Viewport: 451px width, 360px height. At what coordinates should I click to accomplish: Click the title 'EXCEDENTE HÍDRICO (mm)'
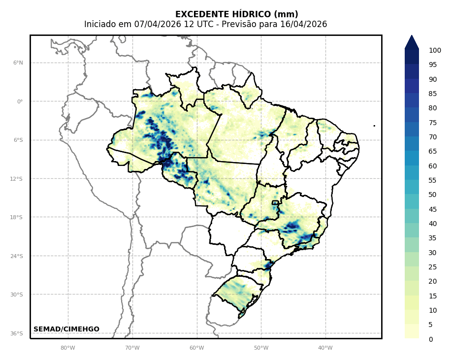[x=236, y=14]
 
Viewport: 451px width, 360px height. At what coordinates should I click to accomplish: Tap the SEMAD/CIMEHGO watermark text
[x=66, y=329]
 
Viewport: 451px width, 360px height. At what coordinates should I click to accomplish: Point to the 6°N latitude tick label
[x=18, y=63]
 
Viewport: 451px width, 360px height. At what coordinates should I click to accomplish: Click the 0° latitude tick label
[x=20, y=101]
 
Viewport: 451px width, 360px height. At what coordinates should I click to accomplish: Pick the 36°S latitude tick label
[x=17, y=333]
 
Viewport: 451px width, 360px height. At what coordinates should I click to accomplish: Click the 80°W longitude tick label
[x=68, y=348]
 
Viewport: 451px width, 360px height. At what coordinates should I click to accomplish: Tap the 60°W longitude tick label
[x=197, y=348]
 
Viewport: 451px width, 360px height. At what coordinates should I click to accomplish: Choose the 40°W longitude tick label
[x=325, y=348]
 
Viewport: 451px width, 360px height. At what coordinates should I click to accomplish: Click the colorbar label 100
[x=435, y=50]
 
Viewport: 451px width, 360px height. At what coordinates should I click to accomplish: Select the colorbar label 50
[x=433, y=195]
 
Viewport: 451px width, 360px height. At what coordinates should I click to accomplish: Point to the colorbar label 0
[x=431, y=339]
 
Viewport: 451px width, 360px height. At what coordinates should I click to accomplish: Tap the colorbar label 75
[x=433, y=123]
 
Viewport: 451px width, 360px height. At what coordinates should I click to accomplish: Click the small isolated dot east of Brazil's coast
[x=374, y=126]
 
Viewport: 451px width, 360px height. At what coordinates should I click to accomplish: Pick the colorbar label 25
[x=433, y=267]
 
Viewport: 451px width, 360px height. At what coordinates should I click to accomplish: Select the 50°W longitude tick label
[x=261, y=348]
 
